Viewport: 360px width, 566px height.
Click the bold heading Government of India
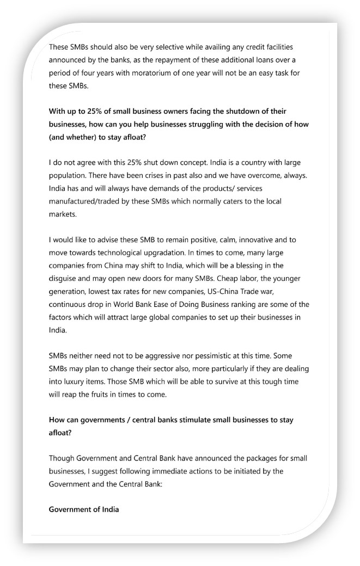(x=83, y=509)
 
